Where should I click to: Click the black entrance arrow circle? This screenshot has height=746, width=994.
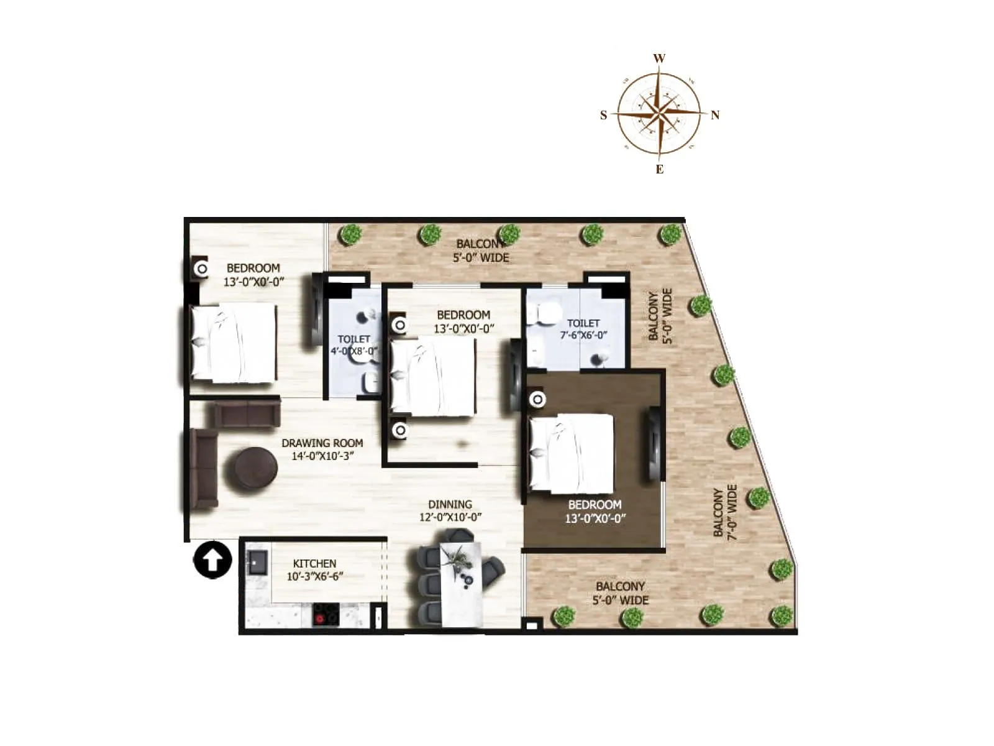tap(212, 560)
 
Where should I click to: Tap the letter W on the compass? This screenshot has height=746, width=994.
tap(659, 58)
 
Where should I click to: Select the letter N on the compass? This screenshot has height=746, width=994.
tap(715, 115)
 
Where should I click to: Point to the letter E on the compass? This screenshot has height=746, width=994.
tap(660, 169)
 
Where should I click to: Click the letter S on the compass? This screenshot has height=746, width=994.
tap(603, 115)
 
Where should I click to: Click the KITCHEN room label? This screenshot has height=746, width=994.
tap(314, 563)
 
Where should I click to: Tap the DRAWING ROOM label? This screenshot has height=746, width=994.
tap(322, 443)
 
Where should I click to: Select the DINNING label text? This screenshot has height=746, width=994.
tap(450, 504)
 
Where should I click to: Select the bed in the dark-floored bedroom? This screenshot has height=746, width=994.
tap(570, 453)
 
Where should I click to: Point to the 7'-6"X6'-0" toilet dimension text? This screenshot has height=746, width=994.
tap(583, 335)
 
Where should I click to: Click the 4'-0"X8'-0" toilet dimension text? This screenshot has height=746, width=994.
tap(354, 351)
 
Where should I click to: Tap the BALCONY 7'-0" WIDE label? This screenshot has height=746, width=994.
tap(725, 512)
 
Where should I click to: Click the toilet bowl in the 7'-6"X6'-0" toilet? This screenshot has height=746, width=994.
tap(543, 314)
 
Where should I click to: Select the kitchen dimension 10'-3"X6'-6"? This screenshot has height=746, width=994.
tap(314, 576)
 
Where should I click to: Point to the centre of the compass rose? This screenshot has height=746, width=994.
tap(659, 114)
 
